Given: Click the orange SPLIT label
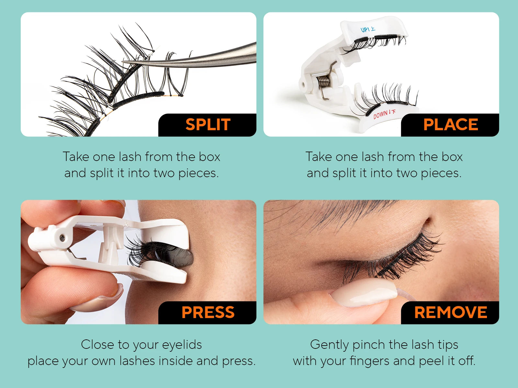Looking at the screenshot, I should click(208, 125).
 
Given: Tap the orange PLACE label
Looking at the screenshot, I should click(450, 125).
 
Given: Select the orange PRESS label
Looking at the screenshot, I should click(208, 312).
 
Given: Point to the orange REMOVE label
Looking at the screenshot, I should click(450, 312).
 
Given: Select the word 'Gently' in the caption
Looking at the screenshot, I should click(329, 345).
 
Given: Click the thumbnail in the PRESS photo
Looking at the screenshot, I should click(97, 300).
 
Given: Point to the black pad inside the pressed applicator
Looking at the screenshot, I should click(181, 256).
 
